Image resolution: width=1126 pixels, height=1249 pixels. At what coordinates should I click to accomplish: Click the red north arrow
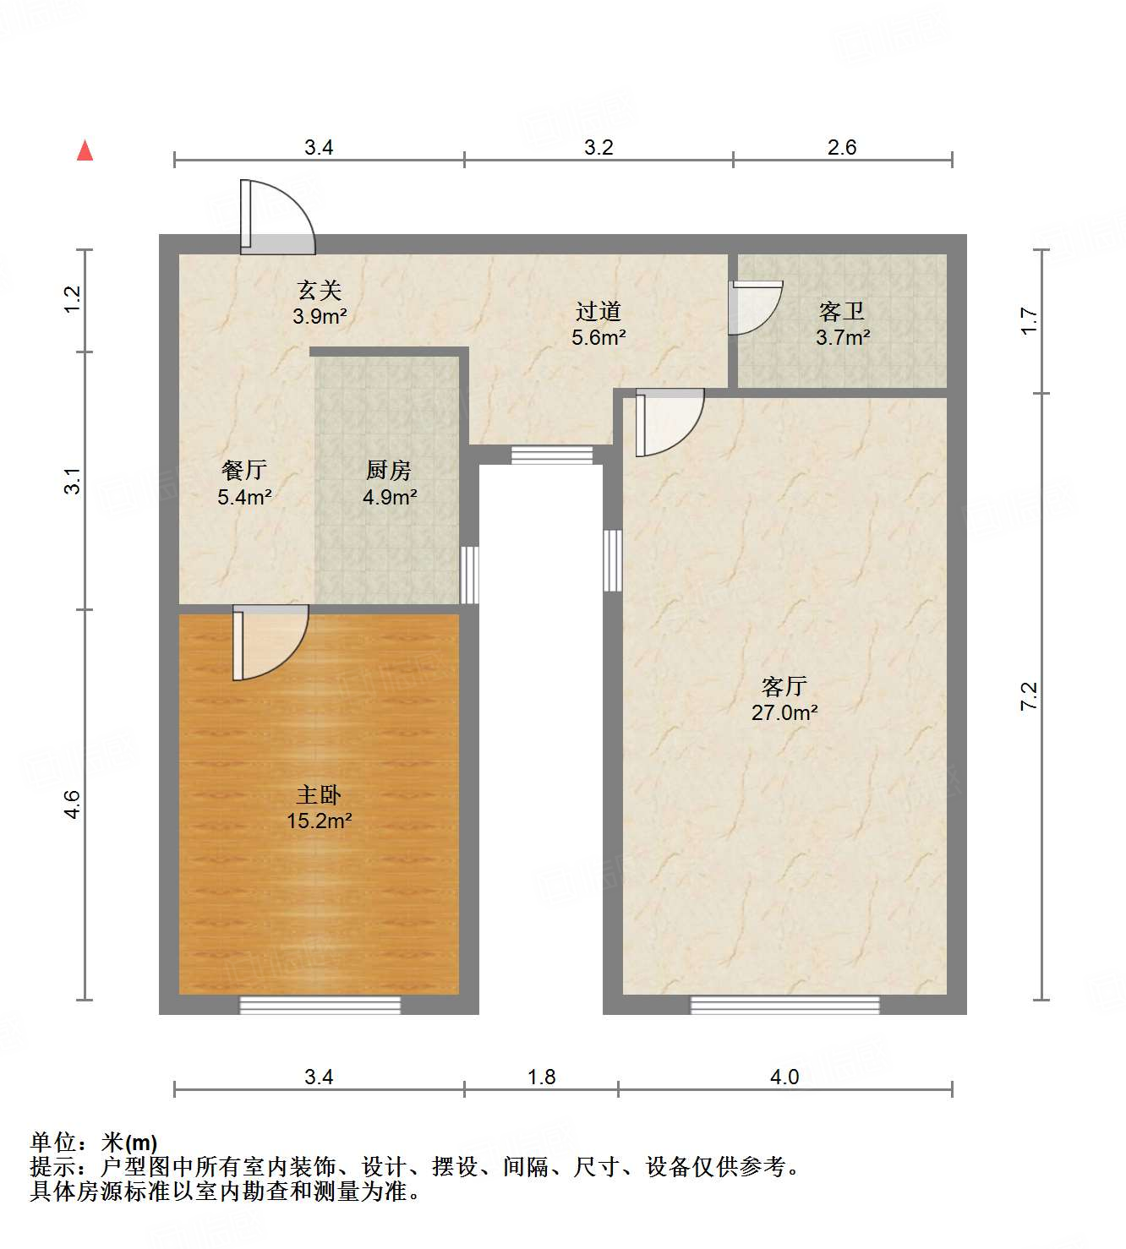pos(85,150)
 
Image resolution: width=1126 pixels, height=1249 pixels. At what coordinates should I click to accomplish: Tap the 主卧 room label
pos(319,794)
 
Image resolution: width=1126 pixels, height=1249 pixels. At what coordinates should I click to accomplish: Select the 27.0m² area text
pos(784,712)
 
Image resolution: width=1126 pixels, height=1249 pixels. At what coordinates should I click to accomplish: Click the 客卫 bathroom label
pos(842,312)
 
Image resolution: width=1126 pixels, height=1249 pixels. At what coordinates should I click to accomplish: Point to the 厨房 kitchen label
pos(389,470)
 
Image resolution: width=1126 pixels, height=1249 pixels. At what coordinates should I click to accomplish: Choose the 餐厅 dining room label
pos(244,470)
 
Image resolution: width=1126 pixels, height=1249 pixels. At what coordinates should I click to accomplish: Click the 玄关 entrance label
pos(320,291)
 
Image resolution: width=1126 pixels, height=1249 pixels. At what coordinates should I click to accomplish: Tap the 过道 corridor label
pos(599,312)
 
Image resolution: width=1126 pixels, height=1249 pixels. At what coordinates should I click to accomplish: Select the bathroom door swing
pos(756,307)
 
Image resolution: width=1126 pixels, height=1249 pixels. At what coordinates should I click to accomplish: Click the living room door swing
pos(670,422)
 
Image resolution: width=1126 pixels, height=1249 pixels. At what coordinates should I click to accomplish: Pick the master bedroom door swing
pos(271,642)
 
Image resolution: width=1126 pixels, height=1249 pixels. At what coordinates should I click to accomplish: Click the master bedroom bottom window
pos(320,1005)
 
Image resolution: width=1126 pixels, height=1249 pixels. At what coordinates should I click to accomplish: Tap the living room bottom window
pos(784,1005)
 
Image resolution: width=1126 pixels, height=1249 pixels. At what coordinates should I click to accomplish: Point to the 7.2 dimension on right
pos(1029,695)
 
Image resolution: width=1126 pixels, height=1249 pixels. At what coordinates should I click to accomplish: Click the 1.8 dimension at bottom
pos(541,1077)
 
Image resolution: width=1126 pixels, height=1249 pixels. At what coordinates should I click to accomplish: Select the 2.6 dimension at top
pos(842,148)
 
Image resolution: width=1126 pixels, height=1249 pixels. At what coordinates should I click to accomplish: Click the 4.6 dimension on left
pos(74,804)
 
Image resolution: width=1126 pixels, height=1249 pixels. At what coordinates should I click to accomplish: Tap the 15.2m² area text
pos(319,820)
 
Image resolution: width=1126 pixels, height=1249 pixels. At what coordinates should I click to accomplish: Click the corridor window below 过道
pos(552,455)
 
